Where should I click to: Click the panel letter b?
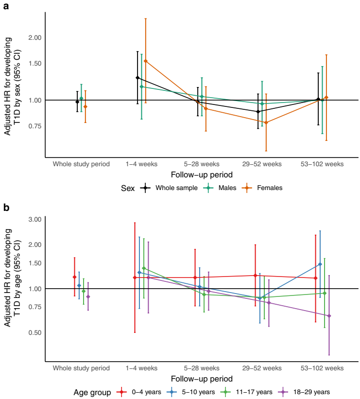6,208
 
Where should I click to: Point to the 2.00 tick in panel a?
35,38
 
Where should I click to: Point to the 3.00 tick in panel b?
35,220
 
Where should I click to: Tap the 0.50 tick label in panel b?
35,333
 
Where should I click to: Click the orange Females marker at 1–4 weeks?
145,61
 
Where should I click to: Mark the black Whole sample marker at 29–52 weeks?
258,111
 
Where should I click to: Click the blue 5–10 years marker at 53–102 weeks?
320,264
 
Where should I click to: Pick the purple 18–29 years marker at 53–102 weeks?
329,316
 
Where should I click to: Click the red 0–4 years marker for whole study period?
74,277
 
